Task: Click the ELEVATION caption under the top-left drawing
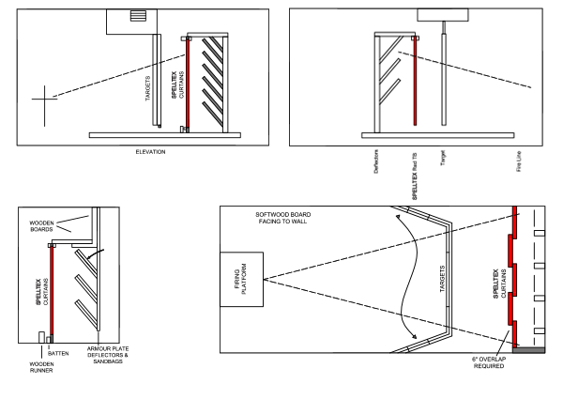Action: pos(152,151)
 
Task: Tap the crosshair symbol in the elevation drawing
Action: pos(42,97)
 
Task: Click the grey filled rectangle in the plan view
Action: pos(528,350)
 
